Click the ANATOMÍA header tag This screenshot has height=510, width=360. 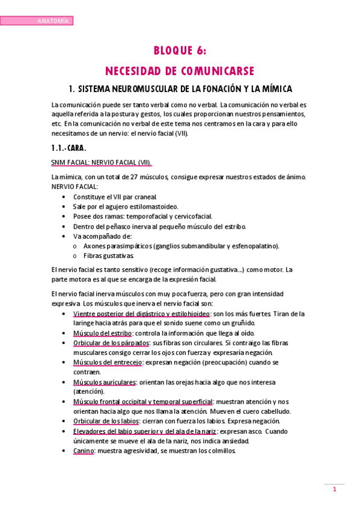click(x=53, y=21)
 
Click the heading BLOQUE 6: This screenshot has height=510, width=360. click(x=180, y=51)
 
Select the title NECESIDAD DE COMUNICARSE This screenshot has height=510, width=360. click(x=180, y=70)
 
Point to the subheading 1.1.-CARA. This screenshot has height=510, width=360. click(x=69, y=147)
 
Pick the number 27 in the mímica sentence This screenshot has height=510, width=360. click(x=135, y=177)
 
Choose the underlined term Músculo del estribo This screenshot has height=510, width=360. click(x=101, y=333)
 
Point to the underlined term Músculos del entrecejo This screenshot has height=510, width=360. click(x=108, y=363)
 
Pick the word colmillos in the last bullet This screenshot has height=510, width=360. click(x=221, y=451)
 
